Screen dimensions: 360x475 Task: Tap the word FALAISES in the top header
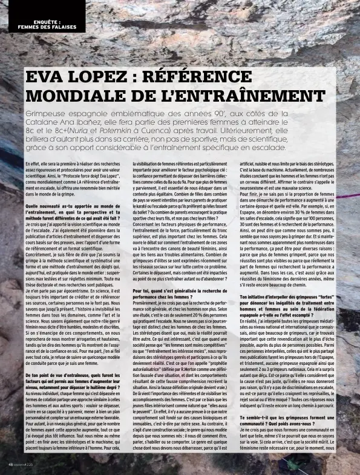pyautogui.click(x=64, y=27)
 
